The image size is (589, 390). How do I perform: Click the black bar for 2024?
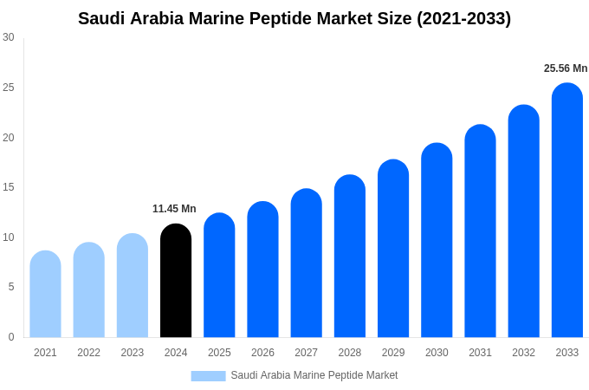(x=176, y=281)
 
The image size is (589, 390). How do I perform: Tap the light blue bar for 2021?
(x=45, y=295)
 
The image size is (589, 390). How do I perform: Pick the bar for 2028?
(x=350, y=257)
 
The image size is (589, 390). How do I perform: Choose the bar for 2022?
(x=88, y=290)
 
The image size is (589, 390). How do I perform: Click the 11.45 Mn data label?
(x=174, y=209)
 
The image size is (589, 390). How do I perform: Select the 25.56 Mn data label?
(x=566, y=68)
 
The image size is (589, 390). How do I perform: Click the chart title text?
(x=294, y=18)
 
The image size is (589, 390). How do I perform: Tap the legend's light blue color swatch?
(x=208, y=376)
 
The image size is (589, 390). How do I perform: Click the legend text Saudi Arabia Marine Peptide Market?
(x=314, y=375)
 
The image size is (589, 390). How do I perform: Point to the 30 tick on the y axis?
(x=9, y=37)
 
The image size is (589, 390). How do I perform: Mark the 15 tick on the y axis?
(x=9, y=187)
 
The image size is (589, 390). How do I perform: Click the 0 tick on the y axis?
(x=11, y=337)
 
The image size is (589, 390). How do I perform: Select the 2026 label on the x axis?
(x=262, y=353)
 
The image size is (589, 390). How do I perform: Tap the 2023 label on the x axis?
(x=133, y=353)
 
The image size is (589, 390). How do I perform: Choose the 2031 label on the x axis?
(x=480, y=353)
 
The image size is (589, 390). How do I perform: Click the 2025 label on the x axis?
(x=219, y=353)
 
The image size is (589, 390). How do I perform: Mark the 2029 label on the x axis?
(x=393, y=353)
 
